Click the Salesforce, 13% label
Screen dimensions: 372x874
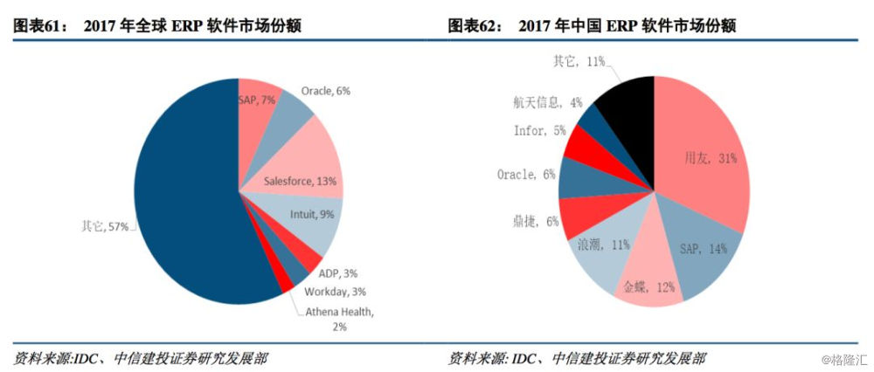(x=299, y=182)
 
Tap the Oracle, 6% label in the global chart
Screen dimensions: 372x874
(x=326, y=91)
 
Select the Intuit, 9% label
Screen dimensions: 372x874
(x=312, y=212)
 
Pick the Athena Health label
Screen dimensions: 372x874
(x=339, y=312)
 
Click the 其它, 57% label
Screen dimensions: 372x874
(x=104, y=227)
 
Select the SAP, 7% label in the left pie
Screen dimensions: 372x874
(x=257, y=100)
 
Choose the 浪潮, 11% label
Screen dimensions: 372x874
(x=598, y=245)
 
